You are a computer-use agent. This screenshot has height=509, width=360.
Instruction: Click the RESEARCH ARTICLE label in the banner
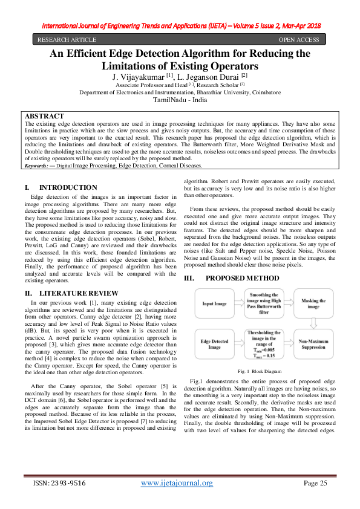point(65,40)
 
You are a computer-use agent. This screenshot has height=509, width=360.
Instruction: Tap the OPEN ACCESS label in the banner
point(298,40)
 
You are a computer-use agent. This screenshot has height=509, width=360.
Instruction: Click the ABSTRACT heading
point(45,115)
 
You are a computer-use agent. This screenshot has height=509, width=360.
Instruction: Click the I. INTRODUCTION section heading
point(61,188)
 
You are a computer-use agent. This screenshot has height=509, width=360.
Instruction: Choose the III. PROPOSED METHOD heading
point(234,278)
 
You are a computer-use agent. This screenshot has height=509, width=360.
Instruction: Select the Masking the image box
point(313,303)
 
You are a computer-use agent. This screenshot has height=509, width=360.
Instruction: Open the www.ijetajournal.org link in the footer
point(177,483)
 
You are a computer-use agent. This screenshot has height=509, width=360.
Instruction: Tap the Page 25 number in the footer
point(315,483)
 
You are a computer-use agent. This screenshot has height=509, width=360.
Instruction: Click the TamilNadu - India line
point(180,100)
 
